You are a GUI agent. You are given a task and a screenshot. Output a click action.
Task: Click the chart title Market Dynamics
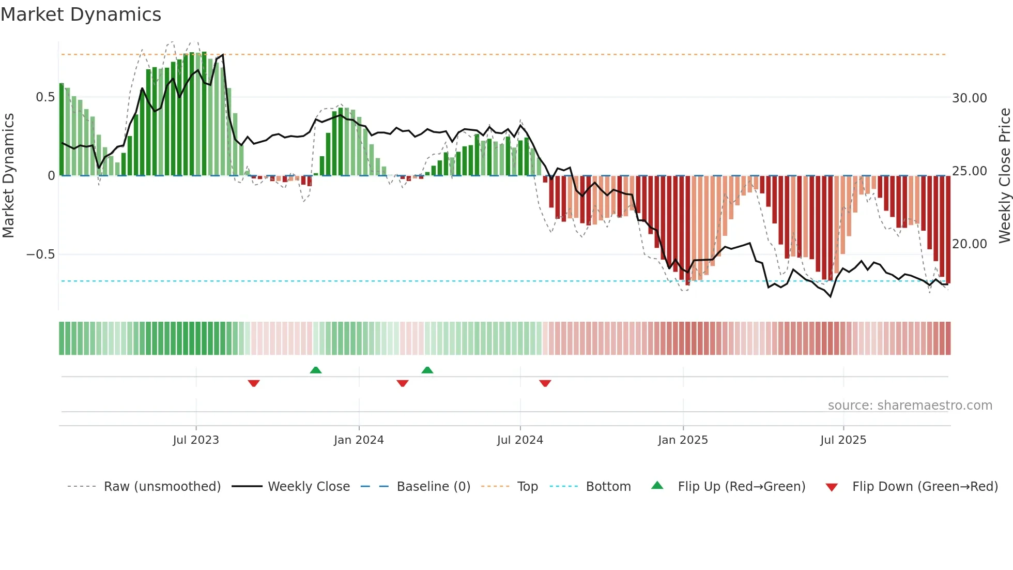point(81,14)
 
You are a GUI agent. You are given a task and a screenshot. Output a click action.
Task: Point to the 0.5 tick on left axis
point(45,97)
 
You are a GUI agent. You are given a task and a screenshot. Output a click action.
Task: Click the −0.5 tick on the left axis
point(41,254)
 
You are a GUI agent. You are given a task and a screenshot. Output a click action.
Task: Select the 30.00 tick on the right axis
point(969,98)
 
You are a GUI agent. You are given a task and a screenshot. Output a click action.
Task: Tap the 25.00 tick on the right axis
point(969,171)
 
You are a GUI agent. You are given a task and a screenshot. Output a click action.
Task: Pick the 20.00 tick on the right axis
point(969,244)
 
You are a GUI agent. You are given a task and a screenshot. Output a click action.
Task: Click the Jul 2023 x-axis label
point(196,440)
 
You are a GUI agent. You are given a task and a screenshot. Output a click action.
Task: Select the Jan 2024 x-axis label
point(359,440)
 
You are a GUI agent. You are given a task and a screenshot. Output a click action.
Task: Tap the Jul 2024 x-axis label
point(520,440)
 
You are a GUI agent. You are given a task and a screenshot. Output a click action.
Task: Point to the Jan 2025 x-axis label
point(683,440)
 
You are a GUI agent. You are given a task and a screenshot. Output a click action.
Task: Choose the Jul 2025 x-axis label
point(843,440)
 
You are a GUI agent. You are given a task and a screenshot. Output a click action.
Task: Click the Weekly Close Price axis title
point(1004,176)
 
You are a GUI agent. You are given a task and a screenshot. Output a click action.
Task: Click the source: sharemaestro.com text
point(910,406)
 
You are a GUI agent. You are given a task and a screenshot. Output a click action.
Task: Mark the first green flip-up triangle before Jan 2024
point(316,370)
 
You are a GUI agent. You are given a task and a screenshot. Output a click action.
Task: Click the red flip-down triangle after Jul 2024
point(545,383)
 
